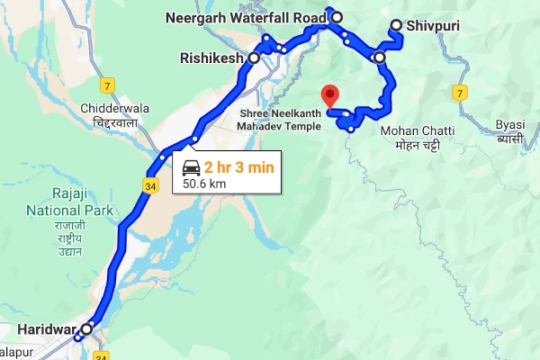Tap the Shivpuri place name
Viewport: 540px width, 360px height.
tap(433, 26)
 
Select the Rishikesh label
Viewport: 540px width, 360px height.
tap(212, 58)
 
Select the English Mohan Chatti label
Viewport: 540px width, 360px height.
tap(417, 130)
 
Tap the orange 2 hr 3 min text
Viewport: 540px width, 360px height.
tap(238, 166)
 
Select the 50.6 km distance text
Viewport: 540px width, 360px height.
tap(203, 184)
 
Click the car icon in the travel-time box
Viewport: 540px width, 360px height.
tap(192, 166)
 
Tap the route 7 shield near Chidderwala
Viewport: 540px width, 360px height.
tap(108, 86)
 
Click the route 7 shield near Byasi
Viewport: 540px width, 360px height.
tap(458, 93)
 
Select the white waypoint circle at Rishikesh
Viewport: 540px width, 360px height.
tap(254, 58)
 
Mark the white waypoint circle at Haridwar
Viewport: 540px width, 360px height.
tap(86, 329)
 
